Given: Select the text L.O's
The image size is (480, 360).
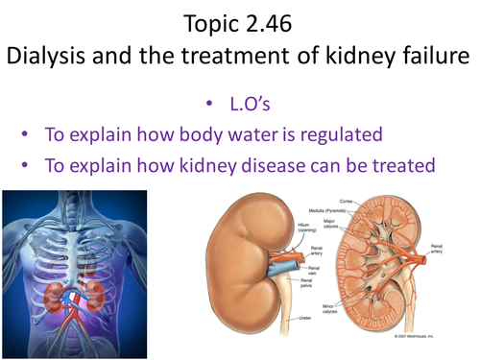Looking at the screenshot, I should (x=257, y=101).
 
